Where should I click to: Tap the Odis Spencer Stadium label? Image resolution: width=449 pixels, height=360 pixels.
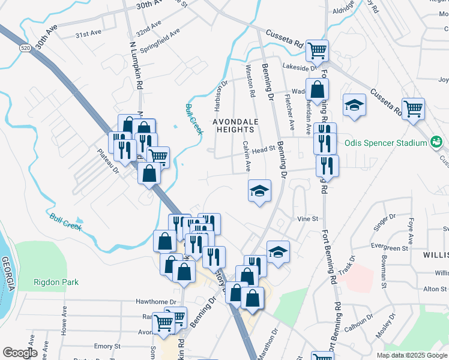tap(385, 143)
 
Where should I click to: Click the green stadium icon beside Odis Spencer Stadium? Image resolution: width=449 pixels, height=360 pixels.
tap(436, 143)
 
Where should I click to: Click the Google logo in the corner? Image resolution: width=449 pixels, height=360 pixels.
tap(19, 353)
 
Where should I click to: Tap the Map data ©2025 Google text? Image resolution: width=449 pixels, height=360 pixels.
tap(411, 355)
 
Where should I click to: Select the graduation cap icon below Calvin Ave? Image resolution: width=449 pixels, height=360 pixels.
tap(259, 191)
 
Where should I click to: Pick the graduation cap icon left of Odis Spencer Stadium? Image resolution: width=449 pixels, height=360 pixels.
tap(354, 105)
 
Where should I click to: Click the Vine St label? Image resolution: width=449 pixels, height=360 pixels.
tap(307, 220)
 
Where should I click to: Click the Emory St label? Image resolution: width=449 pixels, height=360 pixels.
tap(107, 346)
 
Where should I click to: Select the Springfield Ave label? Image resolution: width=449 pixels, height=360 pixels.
tap(160, 40)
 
